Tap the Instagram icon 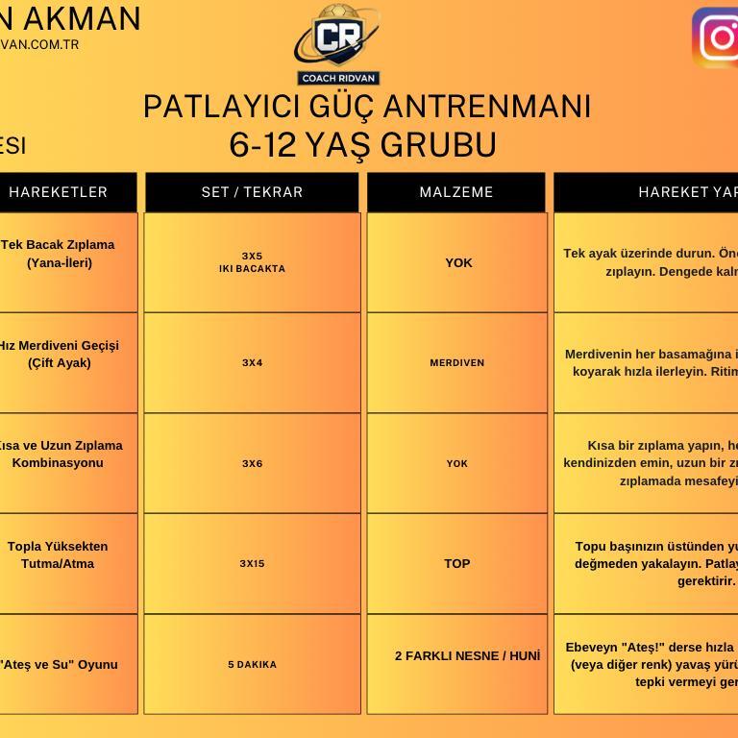click(717, 38)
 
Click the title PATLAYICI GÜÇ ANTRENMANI click(366, 106)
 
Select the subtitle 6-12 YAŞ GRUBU click(362, 144)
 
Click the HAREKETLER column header click(59, 192)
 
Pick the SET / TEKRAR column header click(252, 192)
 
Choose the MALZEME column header click(456, 192)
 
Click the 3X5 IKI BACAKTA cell click(252, 262)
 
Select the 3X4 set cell click(252, 363)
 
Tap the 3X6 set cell click(252, 463)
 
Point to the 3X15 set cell click(252, 564)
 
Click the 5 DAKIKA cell click(252, 665)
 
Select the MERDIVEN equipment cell click(457, 363)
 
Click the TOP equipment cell click(457, 564)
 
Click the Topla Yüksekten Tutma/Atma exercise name click(58, 554)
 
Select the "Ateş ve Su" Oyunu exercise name click(59, 665)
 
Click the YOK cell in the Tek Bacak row click(458, 262)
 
